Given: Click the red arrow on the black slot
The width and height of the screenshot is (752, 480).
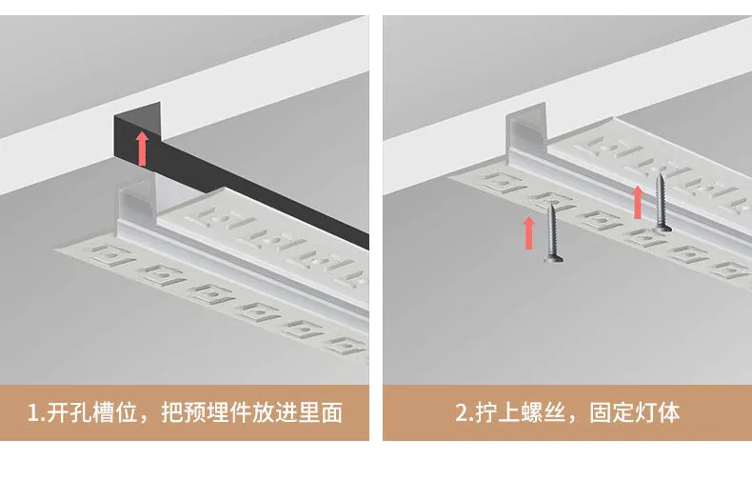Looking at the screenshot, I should [142, 149].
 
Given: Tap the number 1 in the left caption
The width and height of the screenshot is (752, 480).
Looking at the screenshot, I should [34, 413].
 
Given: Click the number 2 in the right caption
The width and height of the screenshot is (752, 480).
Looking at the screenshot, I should [461, 413].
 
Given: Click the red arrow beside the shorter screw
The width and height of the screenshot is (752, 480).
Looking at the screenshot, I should [529, 233].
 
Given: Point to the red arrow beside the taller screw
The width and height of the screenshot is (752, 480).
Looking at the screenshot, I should [639, 201].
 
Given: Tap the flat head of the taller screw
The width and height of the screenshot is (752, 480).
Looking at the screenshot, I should [663, 229].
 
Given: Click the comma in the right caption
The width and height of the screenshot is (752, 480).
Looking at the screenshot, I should [573, 419].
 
